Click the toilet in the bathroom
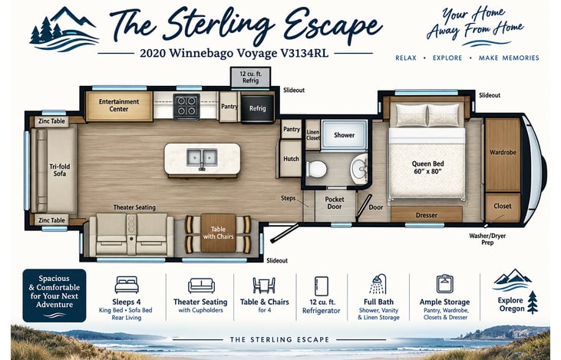pyautogui.click(x=317, y=169)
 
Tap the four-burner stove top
pyautogui.click(x=186, y=106)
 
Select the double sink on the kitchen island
pyautogui.click(x=202, y=158)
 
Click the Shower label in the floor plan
pyautogui.click(x=344, y=135)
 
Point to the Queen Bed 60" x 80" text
pyautogui.click(x=428, y=167)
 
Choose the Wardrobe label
pyautogui.click(x=503, y=153)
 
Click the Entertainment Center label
pyautogui.click(x=119, y=105)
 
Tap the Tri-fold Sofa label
pyautogui.click(x=60, y=170)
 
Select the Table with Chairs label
pyautogui.click(x=218, y=233)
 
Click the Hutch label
pyautogui.click(x=291, y=159)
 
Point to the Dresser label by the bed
pyautogui.click(x=427, y=215)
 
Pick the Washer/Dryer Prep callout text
pyautogui.click(x=487, y=239)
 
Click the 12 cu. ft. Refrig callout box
pyautogui.click(x=250, y=78)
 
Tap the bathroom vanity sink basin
pyautogui.click(x=359, y=167)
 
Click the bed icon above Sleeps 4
pyautogui.click(x=127, y=285)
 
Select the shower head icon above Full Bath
pyautogui.click(x=378, y=284)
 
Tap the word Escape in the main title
pyautogui.click(x=333, y=25)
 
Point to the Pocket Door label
pyautogui.click(x=335, y=203)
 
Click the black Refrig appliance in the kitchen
pyautogui.click(x=257, y=108)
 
